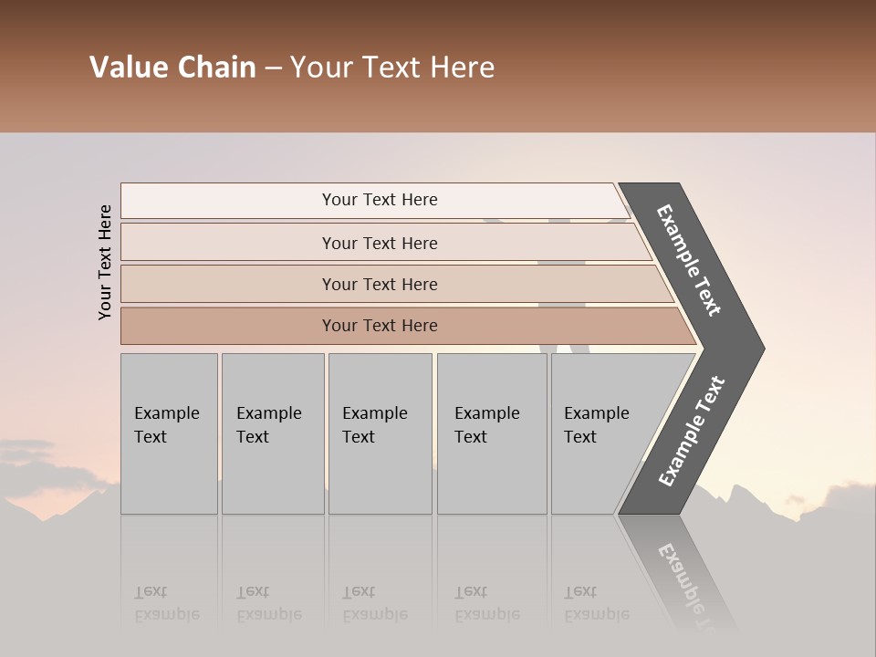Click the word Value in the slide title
pyautogui.click(x=128, y=68)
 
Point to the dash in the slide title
pyautogui.click(x=273, y=68)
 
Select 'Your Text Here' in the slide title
pyautogui.click(x=391, y=68)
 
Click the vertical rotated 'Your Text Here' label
pyautogui.click(x=105, y=262)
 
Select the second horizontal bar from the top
pyautogui.click(x=379, y=243)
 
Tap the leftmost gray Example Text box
pyautogui.click(x=169, y=433)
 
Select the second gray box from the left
pyautogui.click(x=273, y=433)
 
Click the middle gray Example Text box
pyautogui.click(x=380, y=433)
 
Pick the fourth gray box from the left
pyautogui.click(x=492, y=433)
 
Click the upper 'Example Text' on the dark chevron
pyautogui.click(x=689, y=260)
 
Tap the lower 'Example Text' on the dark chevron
pyautogui.click(x=692, y=432)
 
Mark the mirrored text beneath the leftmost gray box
pyautogui.click(x=167, y=603)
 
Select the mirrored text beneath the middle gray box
pyautogui.click(x=375, y=603)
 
